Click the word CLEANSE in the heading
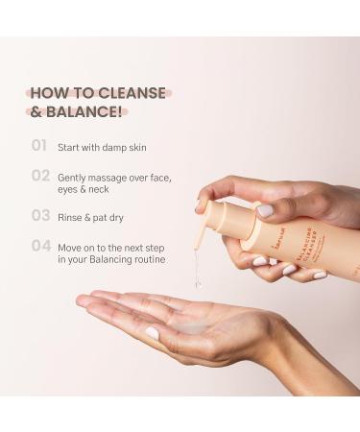132,93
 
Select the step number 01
39,146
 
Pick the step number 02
40,176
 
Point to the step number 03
40,215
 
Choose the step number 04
40,245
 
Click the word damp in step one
123,147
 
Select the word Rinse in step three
73,216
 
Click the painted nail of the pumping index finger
265,209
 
